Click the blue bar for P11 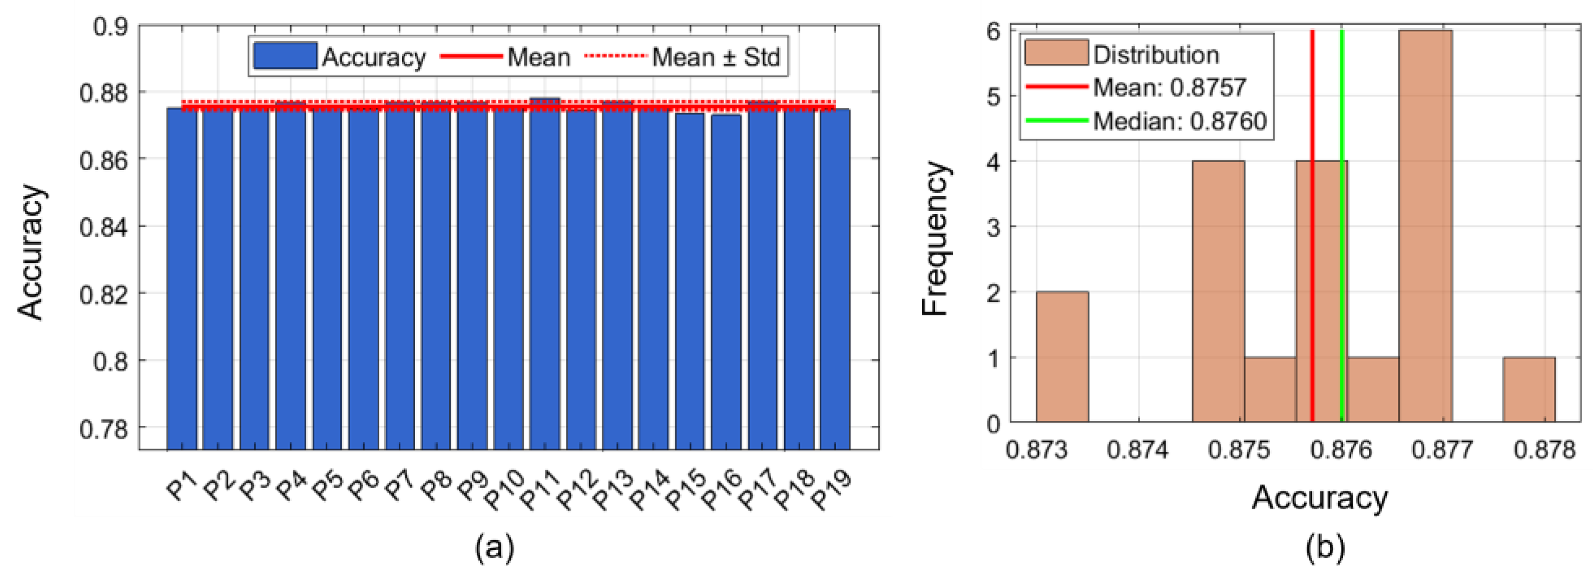click(x=544, y=273)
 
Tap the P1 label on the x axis click(x=181, y=485)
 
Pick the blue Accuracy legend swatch click(x=285, y=56)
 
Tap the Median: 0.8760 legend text click(x=1179, y=121)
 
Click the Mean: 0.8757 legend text click(x=1169, y=87)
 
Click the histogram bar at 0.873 click(x=1062, y=356)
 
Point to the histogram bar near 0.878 click(x=1529, y=390)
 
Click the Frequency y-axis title click(x=934, y=238)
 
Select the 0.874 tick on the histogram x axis click(x=1137, y=450)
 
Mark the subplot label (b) click(x=1325, y=548)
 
